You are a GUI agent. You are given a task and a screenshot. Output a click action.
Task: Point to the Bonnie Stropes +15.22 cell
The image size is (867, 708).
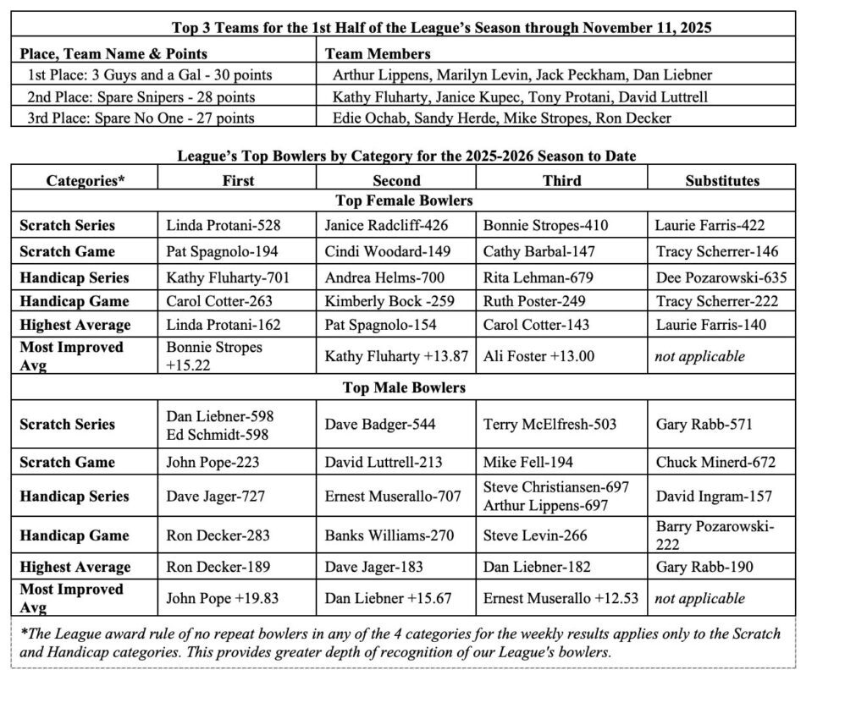click(214, 355)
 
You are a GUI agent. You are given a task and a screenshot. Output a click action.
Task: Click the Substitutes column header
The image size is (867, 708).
click(721, 180)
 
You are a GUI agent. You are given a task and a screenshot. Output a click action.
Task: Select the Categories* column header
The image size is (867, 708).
click(85, 180)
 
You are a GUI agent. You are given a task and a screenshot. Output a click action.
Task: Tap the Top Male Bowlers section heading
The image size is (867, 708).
click(403, 387)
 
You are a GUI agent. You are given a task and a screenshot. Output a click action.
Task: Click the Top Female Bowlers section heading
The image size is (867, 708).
click(403, 200)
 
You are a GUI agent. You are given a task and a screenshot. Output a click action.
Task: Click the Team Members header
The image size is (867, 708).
click(378, 53)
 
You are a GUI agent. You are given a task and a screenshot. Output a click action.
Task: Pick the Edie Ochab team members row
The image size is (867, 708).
click(501, 118)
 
